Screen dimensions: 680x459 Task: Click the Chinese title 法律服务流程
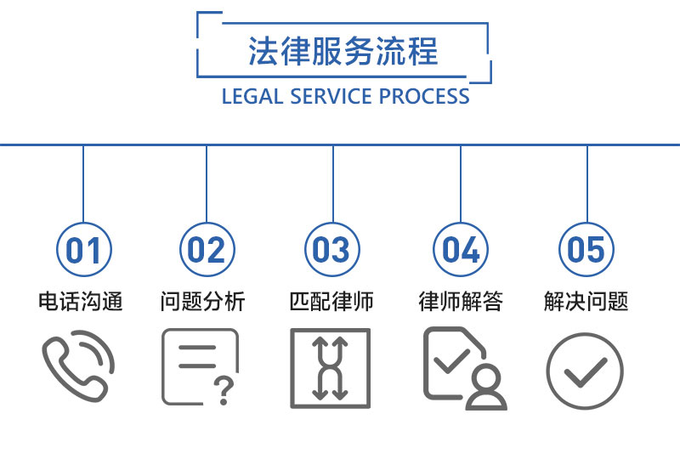(343, 51)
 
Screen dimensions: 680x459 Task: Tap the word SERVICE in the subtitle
(331, 96)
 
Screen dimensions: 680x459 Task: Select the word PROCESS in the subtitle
(424, 96)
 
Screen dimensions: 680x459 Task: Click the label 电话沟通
(81, 301)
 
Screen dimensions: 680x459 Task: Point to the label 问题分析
(203, 301)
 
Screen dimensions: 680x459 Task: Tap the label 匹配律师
(331, 301)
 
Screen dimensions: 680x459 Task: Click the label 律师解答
(461, 301)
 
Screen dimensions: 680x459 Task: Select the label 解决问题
(586, 301)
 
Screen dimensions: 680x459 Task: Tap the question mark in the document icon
(224, 390)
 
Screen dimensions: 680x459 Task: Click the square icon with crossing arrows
(292, 368)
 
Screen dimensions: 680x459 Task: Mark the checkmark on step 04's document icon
(451, 361)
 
